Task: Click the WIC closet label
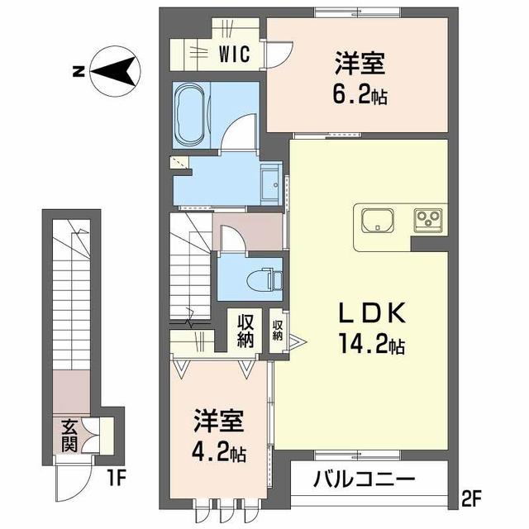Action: [x=236, y=55]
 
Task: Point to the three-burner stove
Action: [x=430, y=220]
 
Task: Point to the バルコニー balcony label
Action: [x=365, y=479]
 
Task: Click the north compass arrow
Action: [x=116, y=72]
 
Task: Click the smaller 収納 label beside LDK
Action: [x=277, y=330]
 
